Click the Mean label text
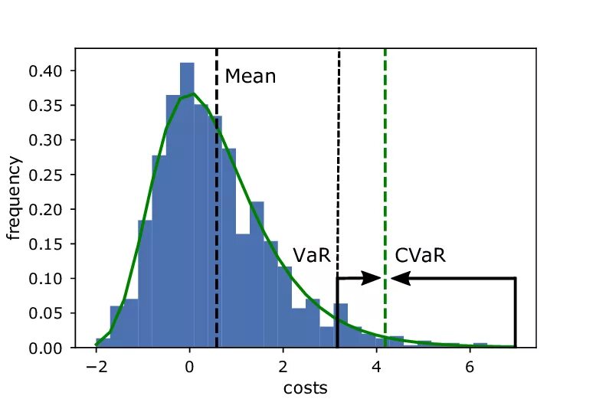250,77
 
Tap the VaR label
311,256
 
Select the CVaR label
420,256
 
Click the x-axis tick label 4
376,365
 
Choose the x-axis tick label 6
470,365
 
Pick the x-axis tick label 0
189,365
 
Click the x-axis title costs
305,388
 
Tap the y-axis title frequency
15,198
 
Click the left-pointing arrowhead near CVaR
398,279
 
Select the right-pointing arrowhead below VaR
375,279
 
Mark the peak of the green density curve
194,94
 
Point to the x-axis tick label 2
283,365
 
